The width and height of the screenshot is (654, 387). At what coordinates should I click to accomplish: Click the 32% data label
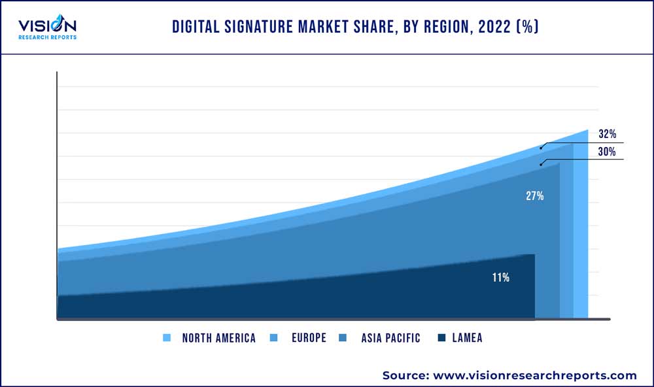607,134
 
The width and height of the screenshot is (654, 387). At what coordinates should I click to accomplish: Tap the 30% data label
607,152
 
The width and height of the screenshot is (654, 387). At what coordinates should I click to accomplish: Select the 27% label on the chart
534,195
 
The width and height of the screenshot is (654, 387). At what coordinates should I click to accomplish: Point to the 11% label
501,278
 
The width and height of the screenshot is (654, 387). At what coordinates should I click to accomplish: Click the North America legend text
218,338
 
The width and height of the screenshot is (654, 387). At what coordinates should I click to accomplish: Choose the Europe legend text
309,338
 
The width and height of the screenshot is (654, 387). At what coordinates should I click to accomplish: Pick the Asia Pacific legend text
390,338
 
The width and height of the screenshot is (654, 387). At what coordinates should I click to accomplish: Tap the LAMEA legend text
467,338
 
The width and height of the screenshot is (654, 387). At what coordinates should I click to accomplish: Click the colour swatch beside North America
167,338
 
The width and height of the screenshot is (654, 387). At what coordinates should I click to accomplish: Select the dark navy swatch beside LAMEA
442,338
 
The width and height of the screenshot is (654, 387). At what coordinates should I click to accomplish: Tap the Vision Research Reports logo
47,27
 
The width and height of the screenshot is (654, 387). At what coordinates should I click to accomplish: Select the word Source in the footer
404,375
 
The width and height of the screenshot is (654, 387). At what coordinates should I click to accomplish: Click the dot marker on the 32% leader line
541,148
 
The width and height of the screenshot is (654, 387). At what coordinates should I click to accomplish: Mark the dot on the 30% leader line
541,164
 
